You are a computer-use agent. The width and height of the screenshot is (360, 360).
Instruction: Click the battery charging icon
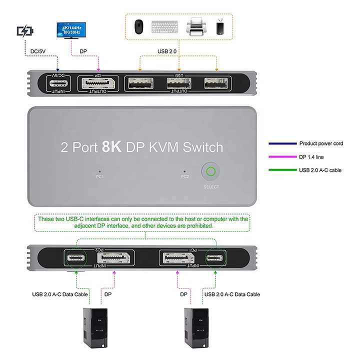pyautogui.click(x=25, y=31)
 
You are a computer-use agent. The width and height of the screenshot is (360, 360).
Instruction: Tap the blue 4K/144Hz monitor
pyautogui.click(x=71, y=30)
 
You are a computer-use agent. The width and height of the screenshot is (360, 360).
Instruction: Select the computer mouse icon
pyautogui.click(x=138, y=27)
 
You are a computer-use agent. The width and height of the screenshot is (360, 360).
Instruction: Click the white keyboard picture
pyautogui.click(x=164, y=27)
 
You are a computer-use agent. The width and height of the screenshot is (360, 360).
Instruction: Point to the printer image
pyautogui.click(x=196, y=26)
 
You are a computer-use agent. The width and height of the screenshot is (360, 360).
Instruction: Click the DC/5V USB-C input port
pyautogui.click(x=58, y=83)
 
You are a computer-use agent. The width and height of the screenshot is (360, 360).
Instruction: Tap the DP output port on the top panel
pyautogui.click(x=98, y=83)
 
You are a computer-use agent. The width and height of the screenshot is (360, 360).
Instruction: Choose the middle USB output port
pyautogui.click(x=179, y=83)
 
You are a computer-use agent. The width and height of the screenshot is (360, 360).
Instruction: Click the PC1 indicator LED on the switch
pyautogui.click(x=99, y=171)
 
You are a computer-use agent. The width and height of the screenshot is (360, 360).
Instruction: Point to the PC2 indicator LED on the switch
pyautogui.click(x=184, y=171)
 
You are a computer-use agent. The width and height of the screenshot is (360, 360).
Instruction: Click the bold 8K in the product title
pyautogui.click(x=111, y=146)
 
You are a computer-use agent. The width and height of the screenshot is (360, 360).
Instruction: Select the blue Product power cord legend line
pyautogui.click(x=282, y=143)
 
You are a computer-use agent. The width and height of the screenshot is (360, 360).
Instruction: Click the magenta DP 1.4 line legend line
pyautogui.click(x=282, y=157)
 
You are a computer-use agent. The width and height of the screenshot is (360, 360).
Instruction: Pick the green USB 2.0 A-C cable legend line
pyautogui.click(x=282, y=170)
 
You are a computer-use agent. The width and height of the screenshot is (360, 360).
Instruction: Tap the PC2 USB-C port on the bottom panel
pyautogui.click(x=76, y=258)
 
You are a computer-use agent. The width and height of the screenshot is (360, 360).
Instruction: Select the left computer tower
pyautogui.click(x=95, y=328)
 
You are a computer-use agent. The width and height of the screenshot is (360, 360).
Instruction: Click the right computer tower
pyautogui.click(x=196, y=328)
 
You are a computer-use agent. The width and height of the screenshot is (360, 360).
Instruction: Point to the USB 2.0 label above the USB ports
pyautogui.click(x=167, y=51)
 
